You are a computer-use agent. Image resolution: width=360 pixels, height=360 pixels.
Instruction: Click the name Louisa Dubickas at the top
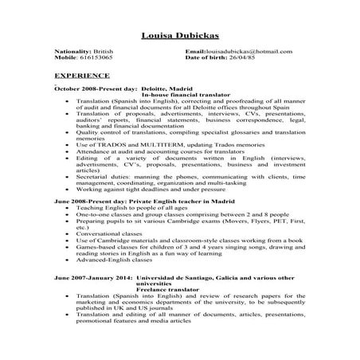(179, 37)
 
